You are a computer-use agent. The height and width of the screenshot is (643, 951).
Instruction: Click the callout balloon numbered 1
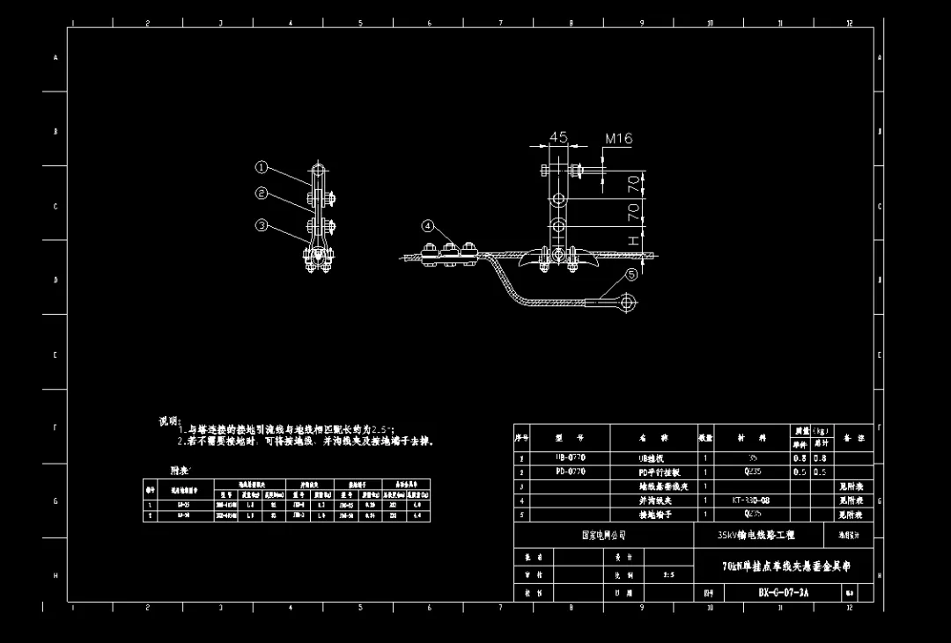pyautogui.click(x=262, y=166)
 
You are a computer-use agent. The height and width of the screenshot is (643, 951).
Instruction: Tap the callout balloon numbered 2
pyautogui.click(x=262, y=194)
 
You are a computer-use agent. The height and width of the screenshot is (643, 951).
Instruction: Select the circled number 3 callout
pyautogui.click(x=262, y=225)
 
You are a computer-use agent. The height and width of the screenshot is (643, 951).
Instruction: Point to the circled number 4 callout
pyautogui.click(x=428, y=226)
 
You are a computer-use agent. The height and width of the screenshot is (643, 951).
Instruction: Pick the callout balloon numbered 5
pyautogui.click(x=631, y=274)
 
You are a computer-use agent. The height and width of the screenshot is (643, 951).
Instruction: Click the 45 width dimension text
pyautogui.click(x=558, y=137)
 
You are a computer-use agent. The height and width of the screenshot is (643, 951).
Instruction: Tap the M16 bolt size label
pyautogui.click(x=619, y=138)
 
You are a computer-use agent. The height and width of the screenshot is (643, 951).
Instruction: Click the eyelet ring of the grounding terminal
pyautogui.click(x=627, y=304)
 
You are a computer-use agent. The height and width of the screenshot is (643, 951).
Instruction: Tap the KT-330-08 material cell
pyautogui.click(x=751, y=500)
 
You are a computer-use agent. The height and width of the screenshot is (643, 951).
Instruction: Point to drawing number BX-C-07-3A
pyautogui.click(x=783, y=593)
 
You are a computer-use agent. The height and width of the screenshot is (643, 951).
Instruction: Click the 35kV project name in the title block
pyautogui.click(x=756, y=535)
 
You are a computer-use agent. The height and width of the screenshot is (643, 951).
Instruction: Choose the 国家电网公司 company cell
pyautogui.click(x=602, y=535)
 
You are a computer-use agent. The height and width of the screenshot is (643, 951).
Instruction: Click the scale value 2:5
pyautogui.click(x=668, y=574)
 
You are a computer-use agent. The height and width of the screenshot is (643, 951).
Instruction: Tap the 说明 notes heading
pyautogui.click(x=169, y=421)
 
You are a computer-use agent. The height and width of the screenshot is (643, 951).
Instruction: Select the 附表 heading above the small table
pyautogui.click(x=180, y=471)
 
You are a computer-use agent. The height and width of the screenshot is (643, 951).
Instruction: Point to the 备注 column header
pyautogui.click(x=853, y=437)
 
